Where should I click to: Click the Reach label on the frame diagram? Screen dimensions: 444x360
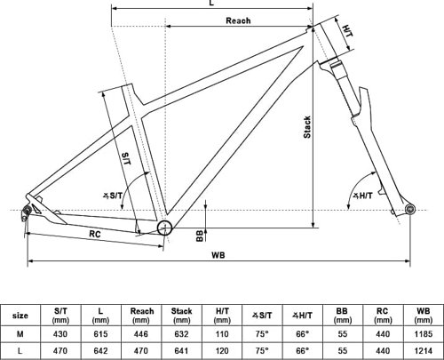(x=238, y=20)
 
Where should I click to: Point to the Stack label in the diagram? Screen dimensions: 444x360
(x=307, y=127)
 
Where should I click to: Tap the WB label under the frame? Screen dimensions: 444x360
(x=218, y=255)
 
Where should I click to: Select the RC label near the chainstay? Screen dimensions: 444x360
(x=95, y=234)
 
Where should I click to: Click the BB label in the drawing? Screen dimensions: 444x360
(x=200, y=236)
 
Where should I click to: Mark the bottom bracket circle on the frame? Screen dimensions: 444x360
(x=164, y=228)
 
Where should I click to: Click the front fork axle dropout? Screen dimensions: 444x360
(x=410, y=209)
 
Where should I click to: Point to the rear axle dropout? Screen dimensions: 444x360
(x=27, y=211)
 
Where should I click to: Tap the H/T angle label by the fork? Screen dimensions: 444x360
(x=364, y=196)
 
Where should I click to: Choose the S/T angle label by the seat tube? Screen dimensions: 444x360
(x=113, y=196)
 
